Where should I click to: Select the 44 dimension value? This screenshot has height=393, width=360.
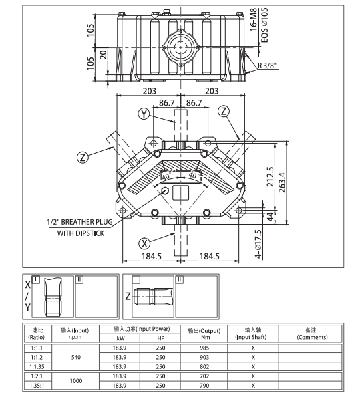[x=271, y=217]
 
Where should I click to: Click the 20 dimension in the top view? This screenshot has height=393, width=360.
[x=105, y=54]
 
